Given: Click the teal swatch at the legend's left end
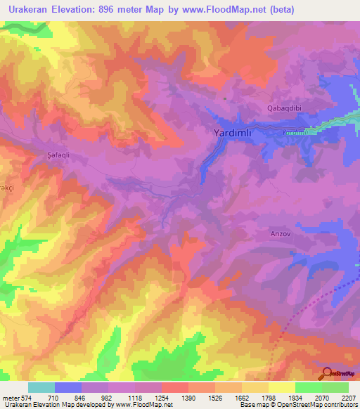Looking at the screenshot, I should (x=41, y=387).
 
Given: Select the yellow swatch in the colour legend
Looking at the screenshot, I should (x=281, y=387).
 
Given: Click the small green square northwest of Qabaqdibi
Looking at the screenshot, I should (x=224, y=98).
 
